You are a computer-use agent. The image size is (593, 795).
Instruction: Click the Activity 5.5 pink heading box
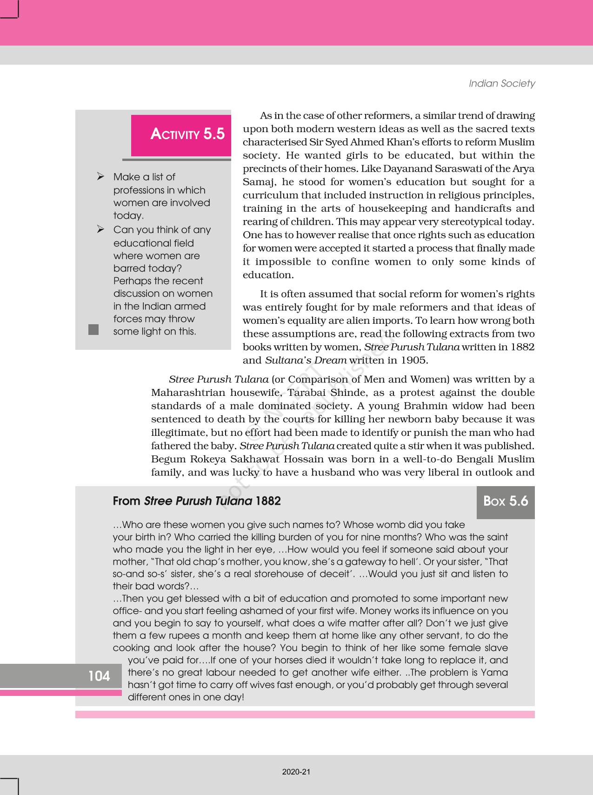pyautogui.click(x=181, y=135)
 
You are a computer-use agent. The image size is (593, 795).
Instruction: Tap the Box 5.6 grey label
pyautogui.click(x=506, y=501)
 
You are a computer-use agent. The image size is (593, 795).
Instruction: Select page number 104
pyautogui.click(x=99, y=676)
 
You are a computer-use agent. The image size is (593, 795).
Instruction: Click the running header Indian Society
pyautogui.click(x=501, y=83)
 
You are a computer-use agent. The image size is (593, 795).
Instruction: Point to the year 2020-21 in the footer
pyautogui.click(x=296, y=772)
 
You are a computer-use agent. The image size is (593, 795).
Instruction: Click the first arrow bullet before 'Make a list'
pyautogui.click(x=100, y=176)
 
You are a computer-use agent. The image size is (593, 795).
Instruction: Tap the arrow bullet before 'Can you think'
pyautogui.click(x=100, y=229)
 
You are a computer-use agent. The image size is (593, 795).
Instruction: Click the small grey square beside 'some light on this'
pyautogui.click(x=93, y=329)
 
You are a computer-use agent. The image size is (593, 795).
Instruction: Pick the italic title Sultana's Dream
pyautogui.click(x=306, y=360)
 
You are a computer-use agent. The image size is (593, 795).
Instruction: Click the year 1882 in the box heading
pyautogui.click(x=268, y=501)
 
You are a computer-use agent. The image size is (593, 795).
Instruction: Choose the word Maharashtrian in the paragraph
pyautogui.click(x=187, y=393)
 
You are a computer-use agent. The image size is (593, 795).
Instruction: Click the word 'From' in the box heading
pyautogui.click(x=127, y=501)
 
